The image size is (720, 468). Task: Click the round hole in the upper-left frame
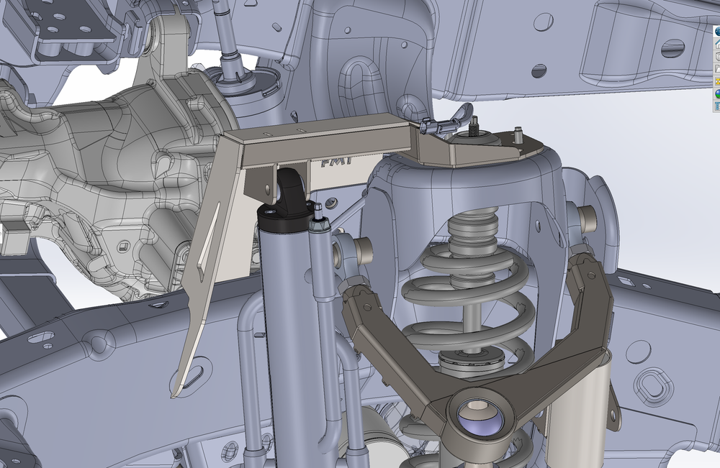click(x=539, y=70)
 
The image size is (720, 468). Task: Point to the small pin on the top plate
click(x=517, y=133)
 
